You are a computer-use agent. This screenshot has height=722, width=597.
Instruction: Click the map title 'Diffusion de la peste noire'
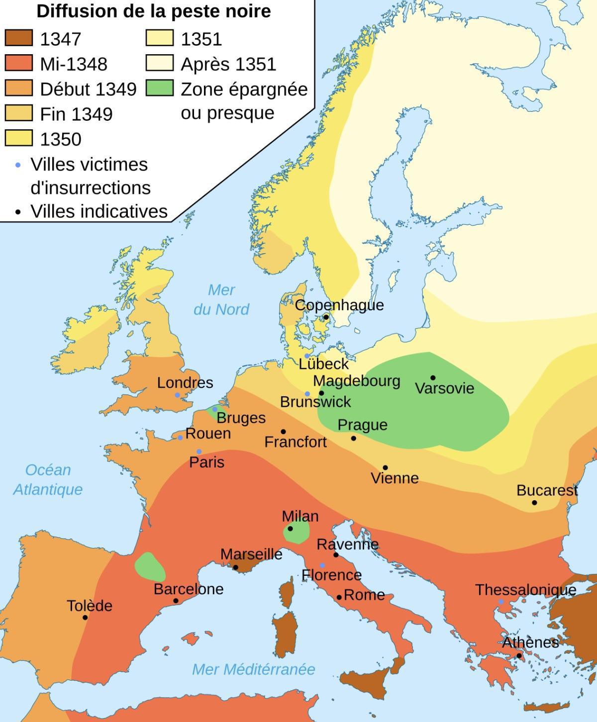(154, 11)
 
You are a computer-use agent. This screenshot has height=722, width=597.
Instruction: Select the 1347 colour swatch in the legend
(19, 38)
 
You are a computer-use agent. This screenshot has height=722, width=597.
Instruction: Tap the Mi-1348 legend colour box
(19, 63)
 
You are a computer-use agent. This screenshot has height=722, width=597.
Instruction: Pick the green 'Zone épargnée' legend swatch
(160, 88)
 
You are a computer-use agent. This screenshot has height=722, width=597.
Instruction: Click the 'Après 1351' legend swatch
(160, 63)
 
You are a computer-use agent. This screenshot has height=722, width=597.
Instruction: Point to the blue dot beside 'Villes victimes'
(18, 165)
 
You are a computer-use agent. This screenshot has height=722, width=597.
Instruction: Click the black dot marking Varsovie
(433, 378)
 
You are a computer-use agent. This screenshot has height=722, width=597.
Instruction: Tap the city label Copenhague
(339, 305)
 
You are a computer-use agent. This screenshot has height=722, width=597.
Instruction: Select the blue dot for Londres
(177, 395)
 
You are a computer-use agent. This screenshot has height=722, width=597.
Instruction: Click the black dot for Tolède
(85, 618)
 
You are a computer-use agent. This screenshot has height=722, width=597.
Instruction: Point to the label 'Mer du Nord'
(221, 299)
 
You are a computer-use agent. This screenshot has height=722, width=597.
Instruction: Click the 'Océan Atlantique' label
(48, 479)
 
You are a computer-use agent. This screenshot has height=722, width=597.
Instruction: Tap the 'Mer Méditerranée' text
(253, 669)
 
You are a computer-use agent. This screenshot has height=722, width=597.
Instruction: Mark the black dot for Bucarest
(534, 503)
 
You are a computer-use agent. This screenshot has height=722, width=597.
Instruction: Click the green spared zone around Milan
(297, 533)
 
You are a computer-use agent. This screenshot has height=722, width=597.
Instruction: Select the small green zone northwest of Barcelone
(149, 567)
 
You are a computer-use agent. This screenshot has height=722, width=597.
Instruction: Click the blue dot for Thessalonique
(501, 602)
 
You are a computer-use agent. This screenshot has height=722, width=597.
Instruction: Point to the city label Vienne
(395, 478)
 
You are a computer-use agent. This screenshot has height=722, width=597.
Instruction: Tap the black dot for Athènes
(519, 656)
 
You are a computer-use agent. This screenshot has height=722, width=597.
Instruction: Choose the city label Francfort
(296, 442)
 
